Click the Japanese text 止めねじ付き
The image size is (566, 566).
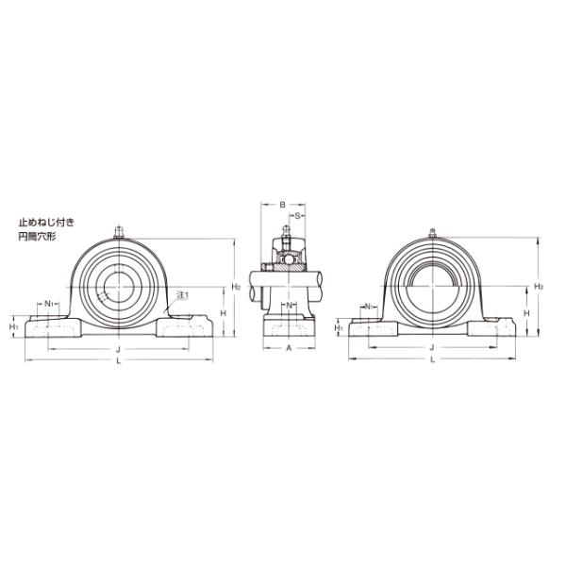[46, 222]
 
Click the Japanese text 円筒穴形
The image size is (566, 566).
[37, 237]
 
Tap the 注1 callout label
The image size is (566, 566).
[183, 295]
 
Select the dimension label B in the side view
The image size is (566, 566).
[283, 205]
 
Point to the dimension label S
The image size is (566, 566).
[297, 216]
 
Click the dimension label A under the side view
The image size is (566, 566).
[289, 348]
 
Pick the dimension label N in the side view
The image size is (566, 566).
[289, 306]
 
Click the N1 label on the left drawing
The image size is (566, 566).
[49, 304]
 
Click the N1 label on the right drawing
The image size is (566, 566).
[369, 307]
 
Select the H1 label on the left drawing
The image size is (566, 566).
[14, 327]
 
